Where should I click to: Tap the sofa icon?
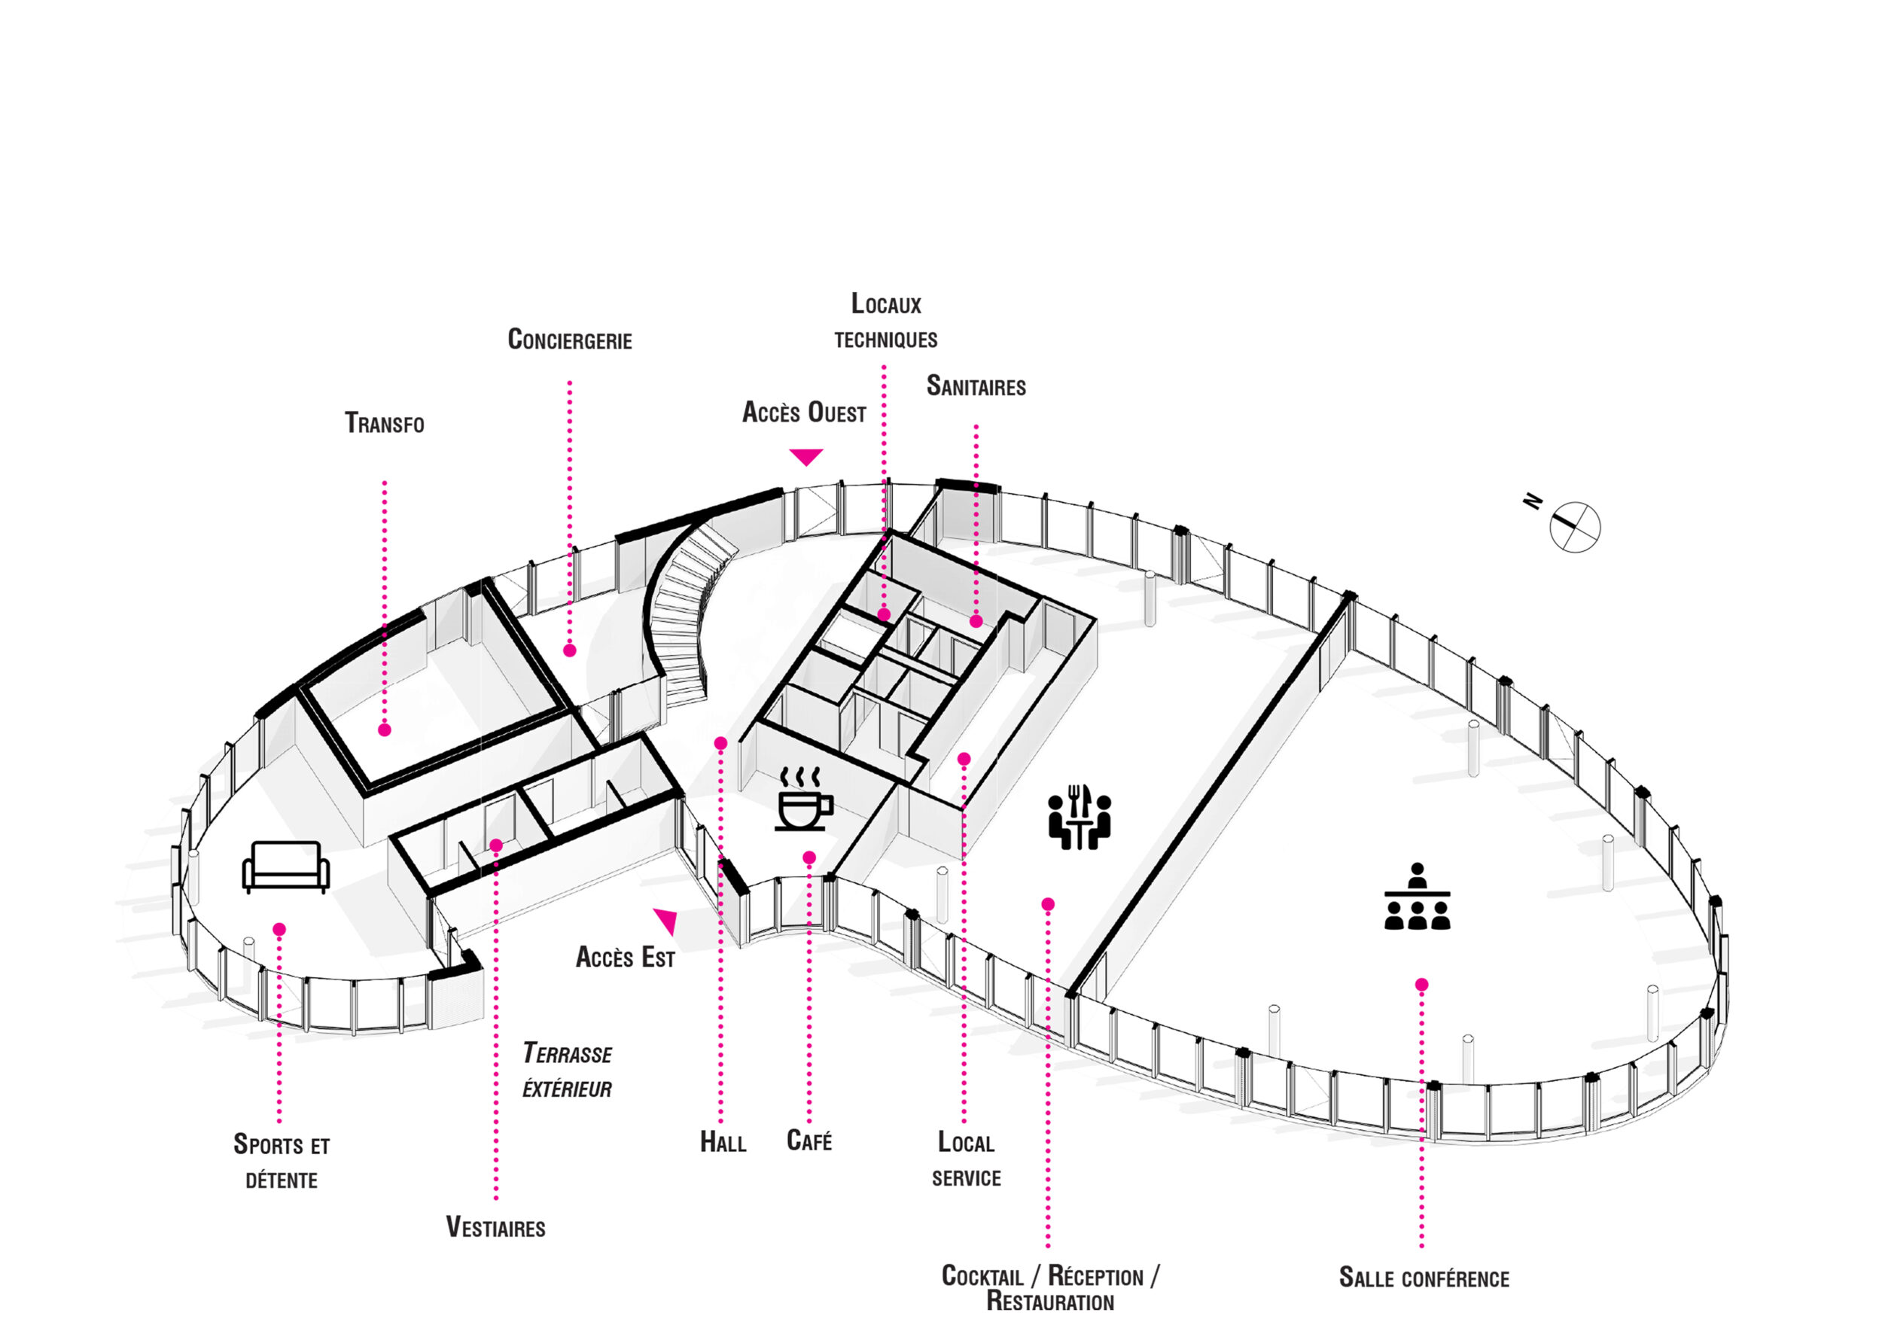[286, 867]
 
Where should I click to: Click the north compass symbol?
[1574, 527]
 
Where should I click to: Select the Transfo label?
[385, 423]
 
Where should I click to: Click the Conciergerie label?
[570, 340]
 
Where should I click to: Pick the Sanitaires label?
[976, 386]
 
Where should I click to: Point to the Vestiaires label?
[495, 1227]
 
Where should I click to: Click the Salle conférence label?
[1424, 1277]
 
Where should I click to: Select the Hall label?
[722, 1142]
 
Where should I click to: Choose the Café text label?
[809, 1140]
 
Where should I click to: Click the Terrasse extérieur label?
[567, 1071]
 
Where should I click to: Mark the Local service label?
[966, 1159]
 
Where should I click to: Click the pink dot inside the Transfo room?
[385, 729]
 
